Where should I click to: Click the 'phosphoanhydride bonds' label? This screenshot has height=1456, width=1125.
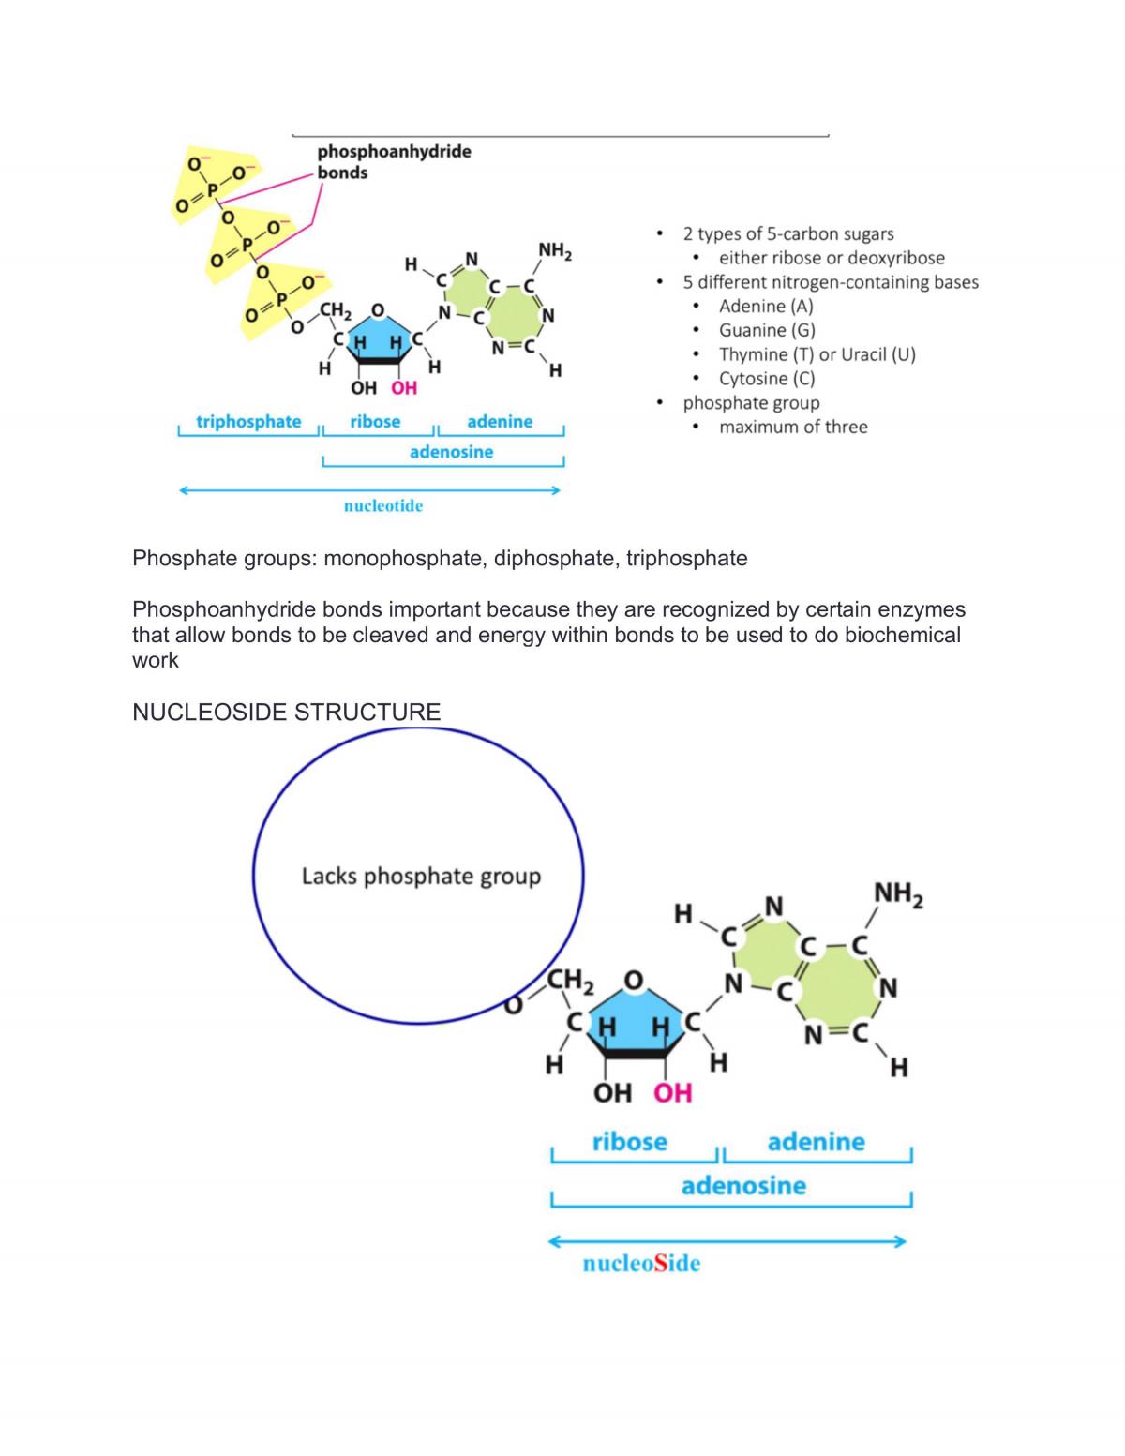[394, 161]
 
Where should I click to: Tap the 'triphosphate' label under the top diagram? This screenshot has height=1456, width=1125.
[248, 422]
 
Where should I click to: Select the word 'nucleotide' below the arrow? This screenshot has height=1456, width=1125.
[383, 505]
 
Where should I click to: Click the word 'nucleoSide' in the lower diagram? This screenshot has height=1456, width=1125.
[641, 1263]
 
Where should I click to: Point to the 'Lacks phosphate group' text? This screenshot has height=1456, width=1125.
[421, 877]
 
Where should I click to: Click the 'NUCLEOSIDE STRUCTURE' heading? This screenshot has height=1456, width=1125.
[287, 712]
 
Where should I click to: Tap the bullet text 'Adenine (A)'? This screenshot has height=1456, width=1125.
[766, 307]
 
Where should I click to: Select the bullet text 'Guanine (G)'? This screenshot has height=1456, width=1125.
[767, 330]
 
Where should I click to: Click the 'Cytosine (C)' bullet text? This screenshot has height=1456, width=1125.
[767, 379]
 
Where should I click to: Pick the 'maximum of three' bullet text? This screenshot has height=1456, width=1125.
[793, 427]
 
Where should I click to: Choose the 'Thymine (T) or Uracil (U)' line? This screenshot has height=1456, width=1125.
[817, 354]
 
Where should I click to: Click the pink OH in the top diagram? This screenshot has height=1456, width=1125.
[404, 388]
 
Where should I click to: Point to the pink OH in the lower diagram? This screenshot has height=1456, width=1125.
[673, 1093]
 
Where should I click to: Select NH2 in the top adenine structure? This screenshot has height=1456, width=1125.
[555, 251]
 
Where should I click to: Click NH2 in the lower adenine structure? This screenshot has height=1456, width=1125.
[898, 895]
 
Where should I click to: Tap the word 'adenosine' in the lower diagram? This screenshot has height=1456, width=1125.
[743, 1186]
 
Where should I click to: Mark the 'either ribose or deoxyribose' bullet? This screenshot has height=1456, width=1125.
[832, 258]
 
